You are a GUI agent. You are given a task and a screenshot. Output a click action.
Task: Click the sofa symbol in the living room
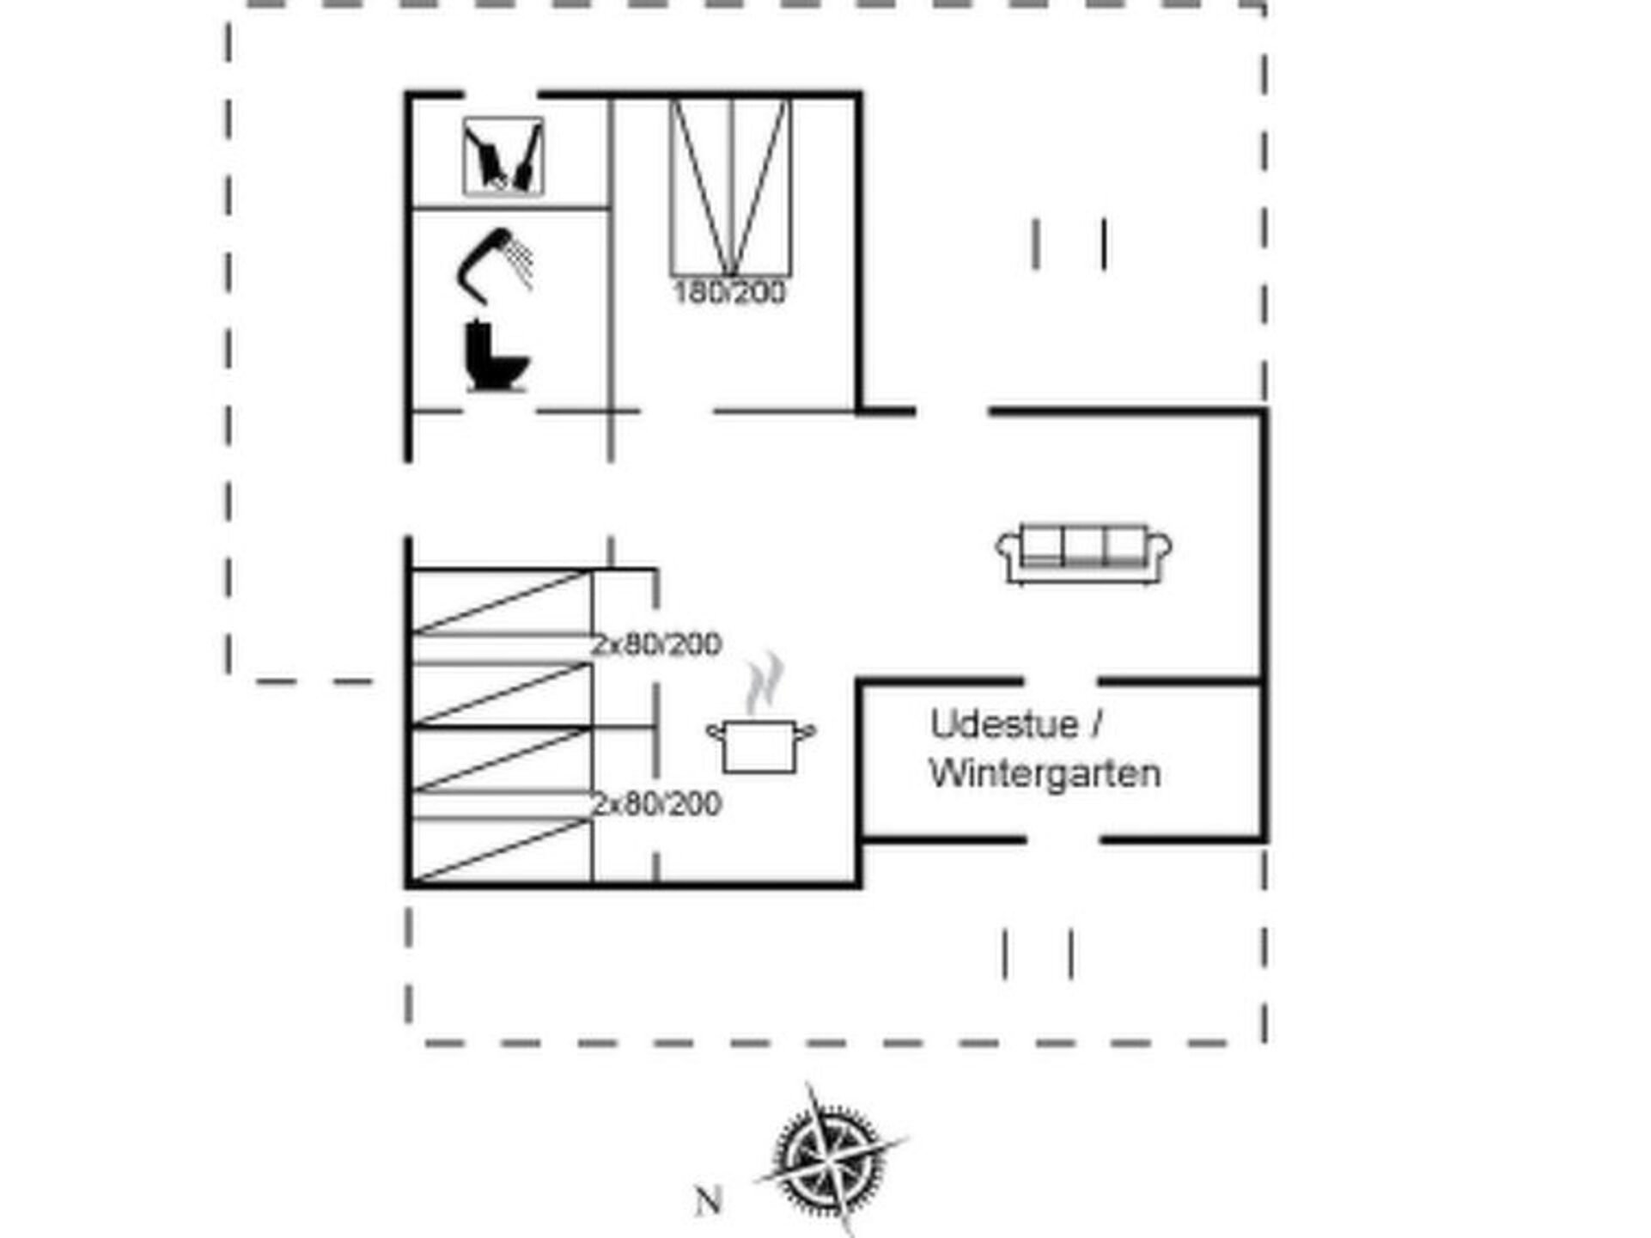click(x=1084, y=553)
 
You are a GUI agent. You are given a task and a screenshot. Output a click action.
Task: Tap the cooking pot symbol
click(x=761, y=746)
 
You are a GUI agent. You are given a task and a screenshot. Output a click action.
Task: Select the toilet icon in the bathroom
click(x=497, y=356)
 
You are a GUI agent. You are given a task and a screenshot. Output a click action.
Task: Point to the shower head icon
click(x=495, y=265)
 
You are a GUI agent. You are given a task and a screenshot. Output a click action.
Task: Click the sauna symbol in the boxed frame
click(x=503, y=156)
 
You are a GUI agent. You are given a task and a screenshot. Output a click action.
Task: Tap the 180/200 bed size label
click(x=729, y=293)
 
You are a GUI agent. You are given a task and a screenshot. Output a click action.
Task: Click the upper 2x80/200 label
click(x=656, y=644)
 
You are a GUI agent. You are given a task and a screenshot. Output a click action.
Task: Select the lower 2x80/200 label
click(x=656, y=804)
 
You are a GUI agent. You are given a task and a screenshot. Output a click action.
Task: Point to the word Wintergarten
click(x=1045, y=773)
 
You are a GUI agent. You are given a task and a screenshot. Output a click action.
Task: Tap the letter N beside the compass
click(x=708, y=1201)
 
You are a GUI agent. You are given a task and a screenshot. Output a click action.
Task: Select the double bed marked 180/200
click(x=730, y=188)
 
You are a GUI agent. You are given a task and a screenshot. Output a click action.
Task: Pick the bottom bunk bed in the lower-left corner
click(x=502, y=850)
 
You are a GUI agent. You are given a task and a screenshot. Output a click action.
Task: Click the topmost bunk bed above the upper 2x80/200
click(x=502, y=601)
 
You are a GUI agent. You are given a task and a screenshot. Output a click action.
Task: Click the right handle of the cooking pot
click(x=806, y=732)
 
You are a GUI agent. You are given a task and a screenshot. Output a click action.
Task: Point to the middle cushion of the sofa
click(x=1084, y=545)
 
